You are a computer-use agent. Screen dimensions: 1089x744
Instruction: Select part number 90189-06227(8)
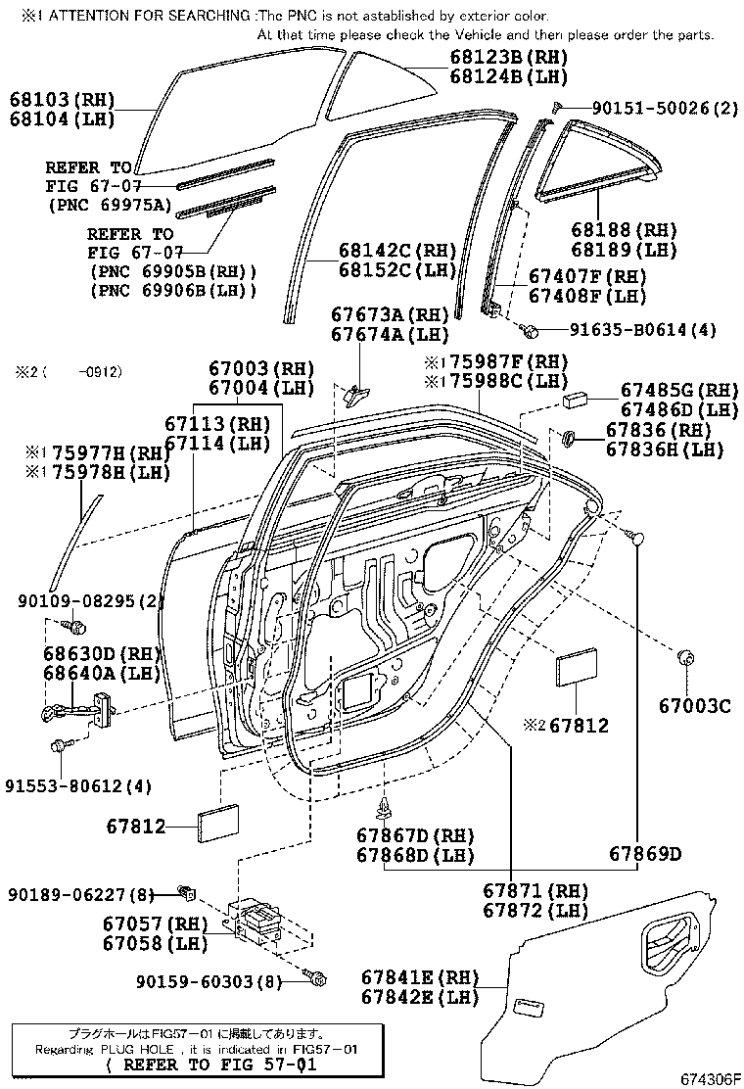pyautogui.click(x=81, y=894)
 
